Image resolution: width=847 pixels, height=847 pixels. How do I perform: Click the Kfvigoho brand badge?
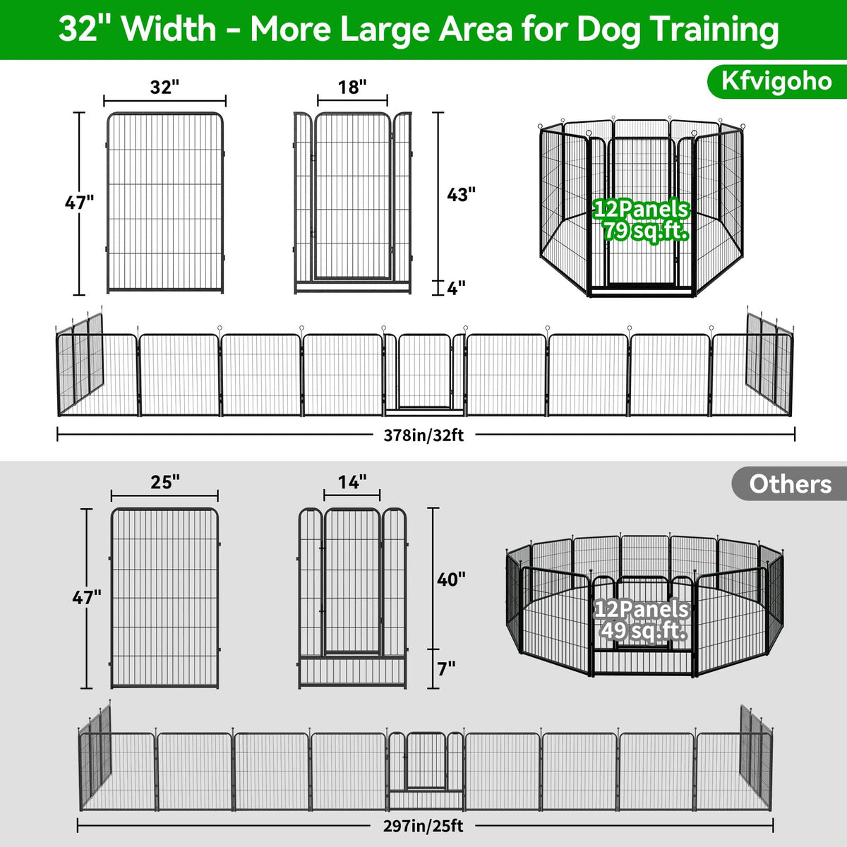776,82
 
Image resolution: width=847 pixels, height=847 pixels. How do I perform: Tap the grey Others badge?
789,484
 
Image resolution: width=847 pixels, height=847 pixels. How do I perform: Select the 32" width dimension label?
165,87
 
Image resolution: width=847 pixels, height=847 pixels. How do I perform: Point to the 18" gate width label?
352,87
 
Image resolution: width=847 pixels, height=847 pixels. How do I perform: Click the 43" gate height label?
461,194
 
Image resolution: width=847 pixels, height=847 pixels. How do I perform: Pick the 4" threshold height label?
456,289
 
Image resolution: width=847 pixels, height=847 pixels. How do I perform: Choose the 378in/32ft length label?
423,435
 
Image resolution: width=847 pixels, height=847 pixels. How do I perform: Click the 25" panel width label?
165,482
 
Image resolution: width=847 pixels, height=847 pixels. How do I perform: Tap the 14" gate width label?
352,482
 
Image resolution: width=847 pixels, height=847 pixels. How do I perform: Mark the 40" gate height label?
451,579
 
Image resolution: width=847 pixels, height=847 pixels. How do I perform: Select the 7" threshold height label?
447,668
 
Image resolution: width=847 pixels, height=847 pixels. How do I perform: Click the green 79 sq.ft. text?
645,230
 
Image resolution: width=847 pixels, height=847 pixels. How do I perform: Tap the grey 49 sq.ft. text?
643,631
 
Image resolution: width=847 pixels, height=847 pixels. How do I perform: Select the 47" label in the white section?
79,203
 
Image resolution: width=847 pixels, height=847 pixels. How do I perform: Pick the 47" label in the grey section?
87,597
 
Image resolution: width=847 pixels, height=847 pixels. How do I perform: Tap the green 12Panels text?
642,209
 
